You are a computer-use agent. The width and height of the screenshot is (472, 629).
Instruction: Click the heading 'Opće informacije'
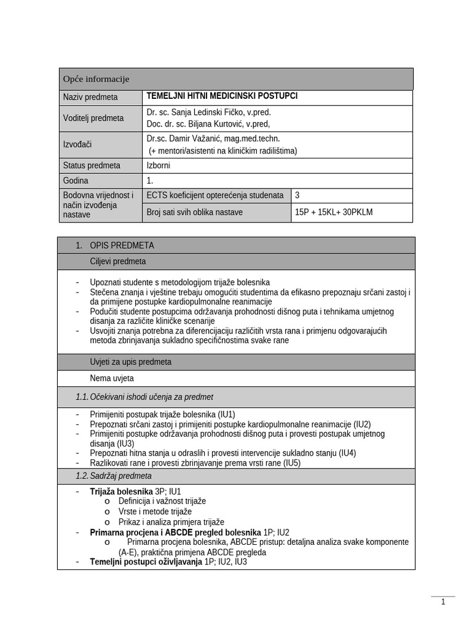click(96, 79)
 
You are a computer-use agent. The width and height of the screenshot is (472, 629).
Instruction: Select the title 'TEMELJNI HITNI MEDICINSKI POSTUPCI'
click(222, 96)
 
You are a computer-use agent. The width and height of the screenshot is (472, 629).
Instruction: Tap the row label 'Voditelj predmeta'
click(93, 118)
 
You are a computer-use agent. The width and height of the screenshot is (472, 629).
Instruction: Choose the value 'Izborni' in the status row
click(159, 165)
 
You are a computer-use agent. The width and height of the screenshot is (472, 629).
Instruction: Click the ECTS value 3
click(298, 195)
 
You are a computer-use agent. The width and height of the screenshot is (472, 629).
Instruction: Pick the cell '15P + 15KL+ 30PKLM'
click(334, 213)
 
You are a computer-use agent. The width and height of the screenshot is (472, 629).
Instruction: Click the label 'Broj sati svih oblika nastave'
click(195, 213)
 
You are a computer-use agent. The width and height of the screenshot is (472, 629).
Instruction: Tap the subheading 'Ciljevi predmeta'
click(118, 261)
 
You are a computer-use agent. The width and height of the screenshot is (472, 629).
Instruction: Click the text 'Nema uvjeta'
click(112, 378)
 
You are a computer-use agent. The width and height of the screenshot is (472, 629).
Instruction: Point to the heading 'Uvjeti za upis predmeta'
click(131, 362)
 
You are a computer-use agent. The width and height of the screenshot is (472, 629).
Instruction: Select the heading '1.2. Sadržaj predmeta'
click(114, 476)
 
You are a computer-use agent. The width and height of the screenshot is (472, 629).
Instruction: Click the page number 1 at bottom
click(443, 602)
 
